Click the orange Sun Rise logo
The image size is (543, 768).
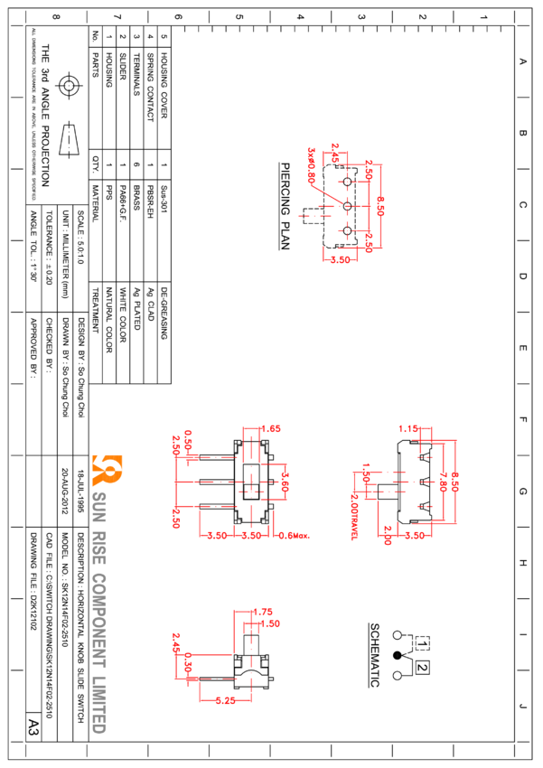click(107, 470)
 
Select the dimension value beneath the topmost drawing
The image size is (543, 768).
click(340, 259)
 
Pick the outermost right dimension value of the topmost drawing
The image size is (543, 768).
click(381, 205)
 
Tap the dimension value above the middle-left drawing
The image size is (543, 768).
click(270, 428)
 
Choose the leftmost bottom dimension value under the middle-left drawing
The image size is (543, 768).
click(216, 536)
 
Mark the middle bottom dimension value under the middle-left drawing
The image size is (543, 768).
click(250, 536)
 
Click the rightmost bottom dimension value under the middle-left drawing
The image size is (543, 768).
click(294, 536)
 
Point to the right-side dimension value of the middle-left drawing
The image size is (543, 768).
click(286, 481)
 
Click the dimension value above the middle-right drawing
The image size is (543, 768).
click(411, 428)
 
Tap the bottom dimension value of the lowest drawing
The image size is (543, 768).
click(225, 700)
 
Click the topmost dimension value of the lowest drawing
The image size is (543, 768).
click(265, 612)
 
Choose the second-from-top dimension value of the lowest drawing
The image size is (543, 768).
click(271, 623)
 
